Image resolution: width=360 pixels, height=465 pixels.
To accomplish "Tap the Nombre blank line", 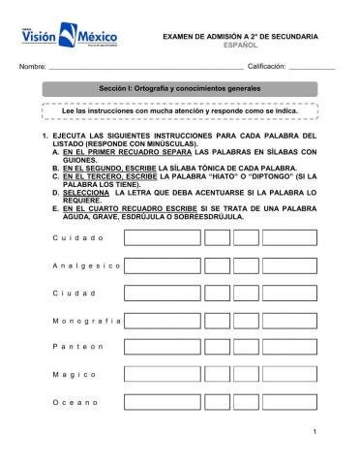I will (146, 66).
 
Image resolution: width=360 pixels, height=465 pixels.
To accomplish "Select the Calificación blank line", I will (311, 66).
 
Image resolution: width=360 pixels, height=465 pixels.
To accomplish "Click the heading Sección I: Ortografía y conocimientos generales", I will (181, 89).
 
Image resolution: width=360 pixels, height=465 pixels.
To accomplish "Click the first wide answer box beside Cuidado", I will (162, 238).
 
